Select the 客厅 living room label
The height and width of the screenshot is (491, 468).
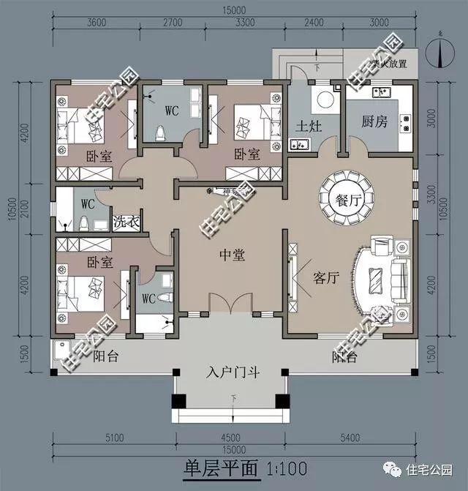click(x=325, y=278)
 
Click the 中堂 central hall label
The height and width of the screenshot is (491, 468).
click(x=232, y=255)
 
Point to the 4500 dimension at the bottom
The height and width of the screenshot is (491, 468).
click(x=230, y=439)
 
